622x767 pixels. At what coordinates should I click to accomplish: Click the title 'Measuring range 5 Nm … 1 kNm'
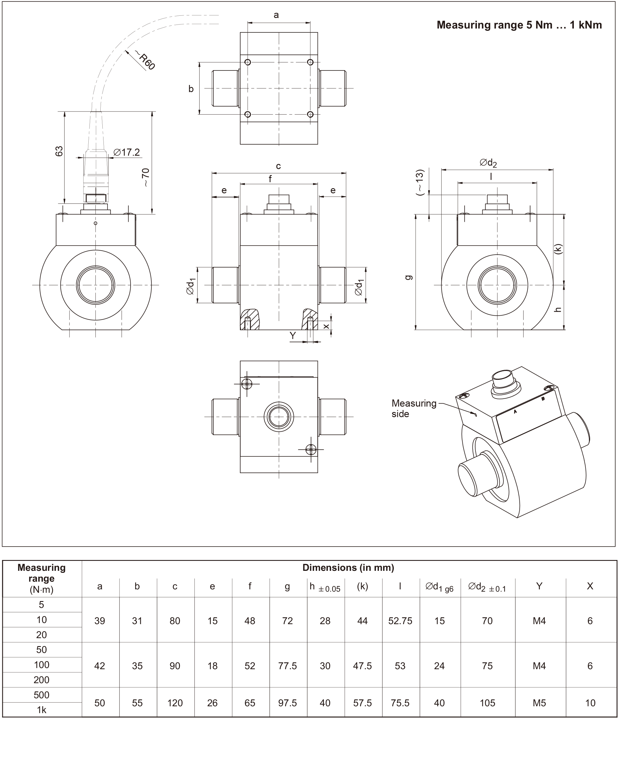519,25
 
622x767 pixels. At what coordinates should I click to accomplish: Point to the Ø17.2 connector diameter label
127,153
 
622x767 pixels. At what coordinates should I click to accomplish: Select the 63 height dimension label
59,151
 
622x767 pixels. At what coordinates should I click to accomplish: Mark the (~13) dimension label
420,182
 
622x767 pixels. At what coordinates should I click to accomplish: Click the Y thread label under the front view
293,336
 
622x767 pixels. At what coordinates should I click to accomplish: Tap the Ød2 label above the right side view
488,163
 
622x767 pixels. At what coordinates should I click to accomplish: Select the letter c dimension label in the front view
279,166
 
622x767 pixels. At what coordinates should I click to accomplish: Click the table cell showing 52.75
400,621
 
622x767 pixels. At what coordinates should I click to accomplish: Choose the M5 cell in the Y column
539,703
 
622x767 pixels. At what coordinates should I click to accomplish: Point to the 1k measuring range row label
42,710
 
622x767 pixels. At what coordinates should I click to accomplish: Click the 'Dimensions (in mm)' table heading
348,568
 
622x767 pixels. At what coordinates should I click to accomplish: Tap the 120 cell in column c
175,703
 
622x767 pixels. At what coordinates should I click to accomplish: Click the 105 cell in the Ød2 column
487,703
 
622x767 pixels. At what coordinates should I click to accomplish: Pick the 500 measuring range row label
42,695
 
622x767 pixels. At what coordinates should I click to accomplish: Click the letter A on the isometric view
515,412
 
